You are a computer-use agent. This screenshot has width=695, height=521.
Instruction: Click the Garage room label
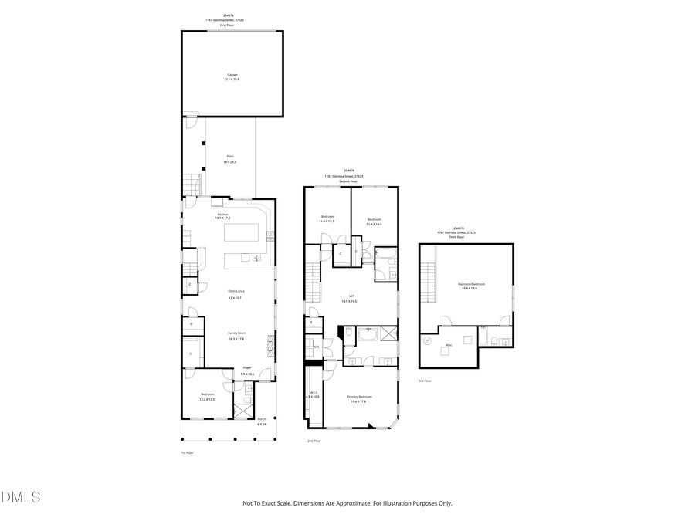coord(232,75)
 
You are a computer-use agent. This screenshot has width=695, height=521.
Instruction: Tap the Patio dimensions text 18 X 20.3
coord(229,162)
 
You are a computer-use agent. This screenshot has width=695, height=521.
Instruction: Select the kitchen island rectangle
coord(244,233)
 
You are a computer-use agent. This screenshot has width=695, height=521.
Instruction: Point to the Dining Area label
coord(235,291)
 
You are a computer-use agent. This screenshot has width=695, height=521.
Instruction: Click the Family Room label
coord(236,335)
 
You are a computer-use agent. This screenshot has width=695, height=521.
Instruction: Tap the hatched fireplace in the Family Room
coord(270,343)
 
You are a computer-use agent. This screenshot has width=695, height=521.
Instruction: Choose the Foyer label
coord(247,367)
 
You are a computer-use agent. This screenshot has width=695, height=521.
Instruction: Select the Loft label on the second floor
coord(351,296)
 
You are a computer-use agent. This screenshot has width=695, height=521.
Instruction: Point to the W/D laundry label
coord(316,347)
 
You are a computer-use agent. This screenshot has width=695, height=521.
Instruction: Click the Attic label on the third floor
coord(449,345)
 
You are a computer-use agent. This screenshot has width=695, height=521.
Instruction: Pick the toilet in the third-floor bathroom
coord(490,341)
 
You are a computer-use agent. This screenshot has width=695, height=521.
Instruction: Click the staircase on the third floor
coord(429,282)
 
